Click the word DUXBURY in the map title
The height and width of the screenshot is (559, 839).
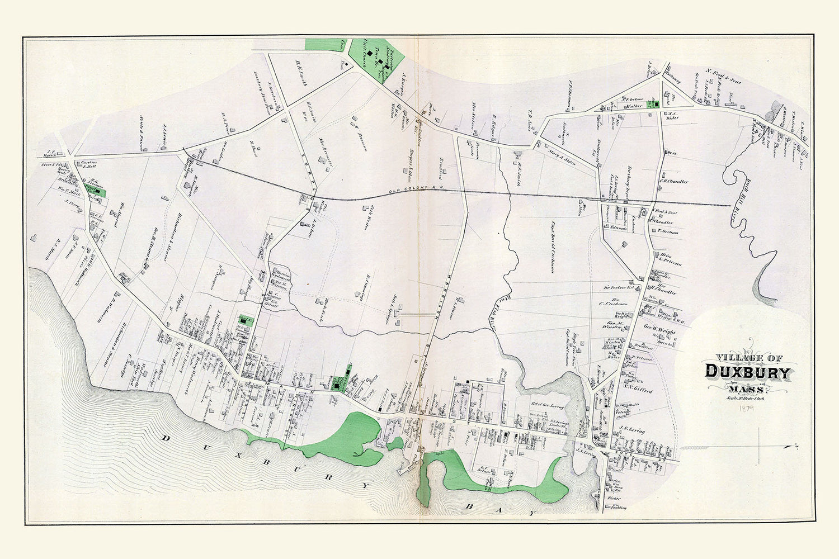pos(748,372)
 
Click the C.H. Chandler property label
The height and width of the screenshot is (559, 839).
pos(673,182)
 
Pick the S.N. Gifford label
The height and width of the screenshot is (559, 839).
pos(638,392)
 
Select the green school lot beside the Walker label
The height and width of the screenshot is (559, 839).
pos(652,104)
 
